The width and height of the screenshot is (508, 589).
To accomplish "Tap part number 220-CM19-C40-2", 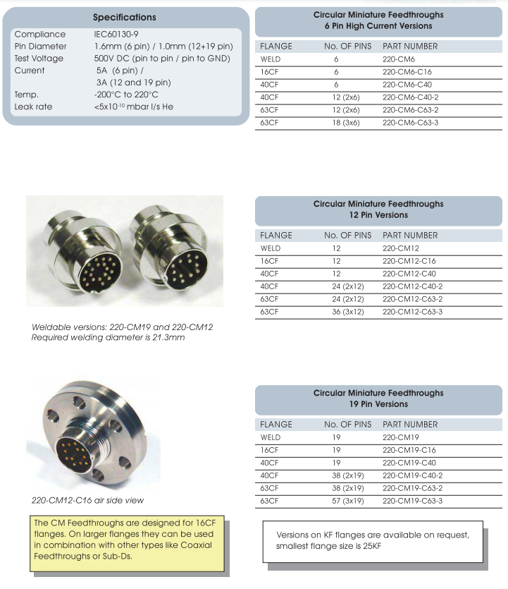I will pos(416,475).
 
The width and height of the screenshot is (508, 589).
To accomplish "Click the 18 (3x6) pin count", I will pos(341,122).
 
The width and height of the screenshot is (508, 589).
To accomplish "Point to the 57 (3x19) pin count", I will pos(343,501).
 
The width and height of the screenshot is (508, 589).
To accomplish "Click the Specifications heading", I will pos(125,17).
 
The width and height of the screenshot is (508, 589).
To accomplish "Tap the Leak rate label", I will pos(33,107).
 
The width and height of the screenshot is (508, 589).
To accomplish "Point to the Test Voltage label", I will pos(39,59).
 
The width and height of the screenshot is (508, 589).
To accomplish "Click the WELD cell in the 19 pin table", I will pos(271,437).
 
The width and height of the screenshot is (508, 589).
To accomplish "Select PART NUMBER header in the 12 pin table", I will pos(410,235).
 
